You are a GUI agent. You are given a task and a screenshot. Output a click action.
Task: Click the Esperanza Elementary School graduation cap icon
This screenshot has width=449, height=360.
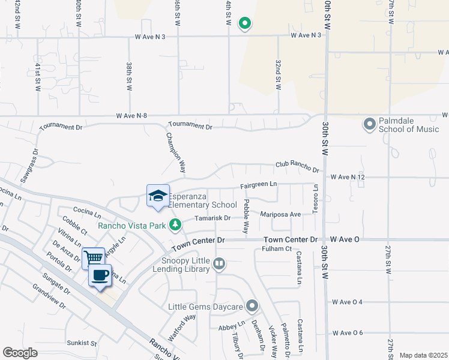[x=158, y=196]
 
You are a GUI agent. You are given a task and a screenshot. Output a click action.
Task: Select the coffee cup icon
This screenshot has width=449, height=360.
[x=100, y=275]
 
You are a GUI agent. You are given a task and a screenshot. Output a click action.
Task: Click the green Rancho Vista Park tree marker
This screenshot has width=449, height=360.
[x=175, y=225]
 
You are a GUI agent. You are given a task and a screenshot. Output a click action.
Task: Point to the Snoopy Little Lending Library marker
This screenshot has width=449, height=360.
[x=220, y=264]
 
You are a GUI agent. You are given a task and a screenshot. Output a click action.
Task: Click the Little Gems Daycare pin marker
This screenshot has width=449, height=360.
[x=252, y=307]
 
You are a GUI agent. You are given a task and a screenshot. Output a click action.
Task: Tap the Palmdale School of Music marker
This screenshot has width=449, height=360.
[x=369, y=124]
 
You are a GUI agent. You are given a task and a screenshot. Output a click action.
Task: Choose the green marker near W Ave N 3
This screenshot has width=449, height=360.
[x=244, y=24]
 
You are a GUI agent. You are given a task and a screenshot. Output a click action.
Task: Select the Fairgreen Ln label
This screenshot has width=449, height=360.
[x=259, y=186]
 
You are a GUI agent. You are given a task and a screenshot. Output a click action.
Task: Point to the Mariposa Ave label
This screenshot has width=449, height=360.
[x=280, y=214]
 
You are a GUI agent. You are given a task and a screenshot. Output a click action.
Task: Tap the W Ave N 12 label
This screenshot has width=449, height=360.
[x=346, y=178]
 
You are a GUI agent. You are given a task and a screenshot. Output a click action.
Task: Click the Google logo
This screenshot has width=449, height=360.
[x=20, y=353]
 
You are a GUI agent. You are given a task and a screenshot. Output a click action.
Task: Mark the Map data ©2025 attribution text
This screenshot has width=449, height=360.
[x=423, y=355]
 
